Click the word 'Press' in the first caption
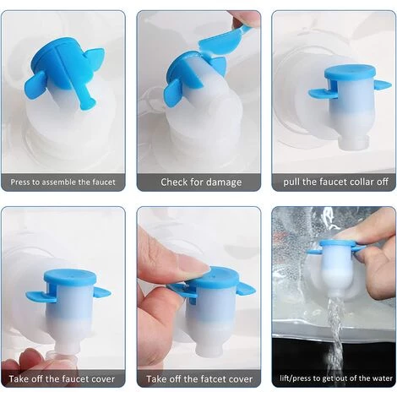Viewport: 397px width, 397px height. click(x=20, y=182)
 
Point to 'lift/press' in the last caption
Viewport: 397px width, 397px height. click(x=294, y=378)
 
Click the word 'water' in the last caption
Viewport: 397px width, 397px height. click(x=383, y=378)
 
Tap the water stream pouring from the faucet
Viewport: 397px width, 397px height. click(x=335, y=338)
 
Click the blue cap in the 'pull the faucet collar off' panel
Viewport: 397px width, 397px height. click(x=350, y=72)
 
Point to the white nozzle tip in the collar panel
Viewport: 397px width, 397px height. click(x=354, y=141)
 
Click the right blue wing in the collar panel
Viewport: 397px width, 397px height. click(x=383, y=84)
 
